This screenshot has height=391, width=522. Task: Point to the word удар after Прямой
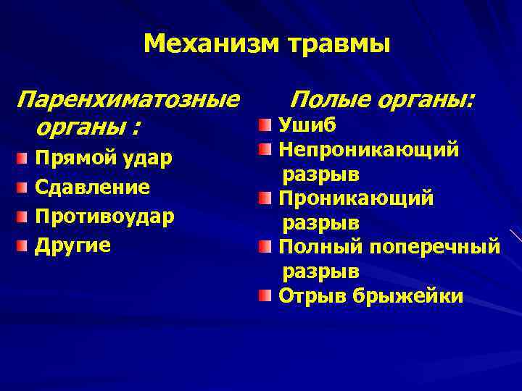pyautogui.click(x=149, y=159)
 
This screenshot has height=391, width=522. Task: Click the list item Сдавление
pyautogui.click(x=92, y=188)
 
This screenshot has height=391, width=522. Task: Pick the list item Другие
pyautogui.click(x=73, y=245)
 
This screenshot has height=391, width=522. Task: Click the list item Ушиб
pyautogui.click(x=307, y=125)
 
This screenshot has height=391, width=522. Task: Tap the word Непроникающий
pyautogui.click(x=369, y=150)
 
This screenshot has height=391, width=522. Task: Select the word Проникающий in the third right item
pyautogui.click(x=356, y=198)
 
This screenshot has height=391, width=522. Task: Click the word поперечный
pyautogui.click(x=434, y=248)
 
